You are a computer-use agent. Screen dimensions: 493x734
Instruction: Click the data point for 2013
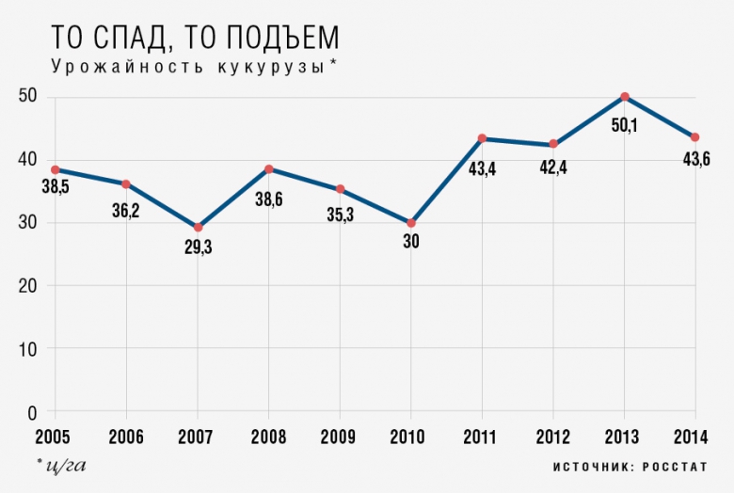pos(624,97)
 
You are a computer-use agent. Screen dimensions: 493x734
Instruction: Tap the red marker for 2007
pos(198,228)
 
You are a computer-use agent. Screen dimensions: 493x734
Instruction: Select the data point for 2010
pos(411,223)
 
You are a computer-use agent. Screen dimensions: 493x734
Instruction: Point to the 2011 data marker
pos(482,139)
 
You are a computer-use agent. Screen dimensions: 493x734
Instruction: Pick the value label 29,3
pos(198,249)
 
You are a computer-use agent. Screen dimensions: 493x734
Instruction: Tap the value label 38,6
pos(269,199)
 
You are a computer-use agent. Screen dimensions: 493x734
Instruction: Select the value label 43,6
pos(695,159)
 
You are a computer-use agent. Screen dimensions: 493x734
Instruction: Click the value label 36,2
pos(126,211)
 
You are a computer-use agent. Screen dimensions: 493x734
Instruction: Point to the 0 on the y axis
pos(32,412)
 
